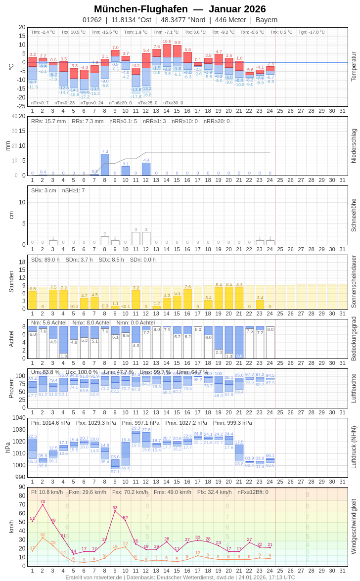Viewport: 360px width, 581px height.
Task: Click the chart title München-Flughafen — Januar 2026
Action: tap(180, 9)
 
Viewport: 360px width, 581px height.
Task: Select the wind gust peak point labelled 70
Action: tap(43, 504)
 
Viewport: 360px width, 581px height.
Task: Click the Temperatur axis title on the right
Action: tap(354, 66)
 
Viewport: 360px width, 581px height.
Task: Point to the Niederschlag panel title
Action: tap(354, 146)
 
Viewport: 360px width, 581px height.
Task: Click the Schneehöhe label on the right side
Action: tap(354, 215)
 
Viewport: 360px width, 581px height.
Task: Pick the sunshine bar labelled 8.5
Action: tap(229, 298)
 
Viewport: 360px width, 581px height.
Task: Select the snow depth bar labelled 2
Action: tap(105, 240)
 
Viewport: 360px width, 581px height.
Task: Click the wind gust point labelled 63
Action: tap(115, 510)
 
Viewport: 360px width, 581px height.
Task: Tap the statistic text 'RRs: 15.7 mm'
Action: tap(48, 121)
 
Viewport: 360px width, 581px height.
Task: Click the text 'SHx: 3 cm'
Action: tap(44, 190)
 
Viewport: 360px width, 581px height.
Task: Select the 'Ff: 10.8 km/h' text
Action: tap(47, 492)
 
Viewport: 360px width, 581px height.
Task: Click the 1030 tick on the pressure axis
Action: tap(19, 429)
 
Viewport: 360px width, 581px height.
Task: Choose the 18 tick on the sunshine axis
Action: tap(22, 262)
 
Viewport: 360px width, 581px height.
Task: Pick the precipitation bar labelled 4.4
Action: tap(146, 169)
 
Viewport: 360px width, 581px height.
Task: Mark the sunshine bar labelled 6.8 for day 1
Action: tap(33, 300)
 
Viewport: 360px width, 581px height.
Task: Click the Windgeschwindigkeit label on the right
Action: tap(354, 526)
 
